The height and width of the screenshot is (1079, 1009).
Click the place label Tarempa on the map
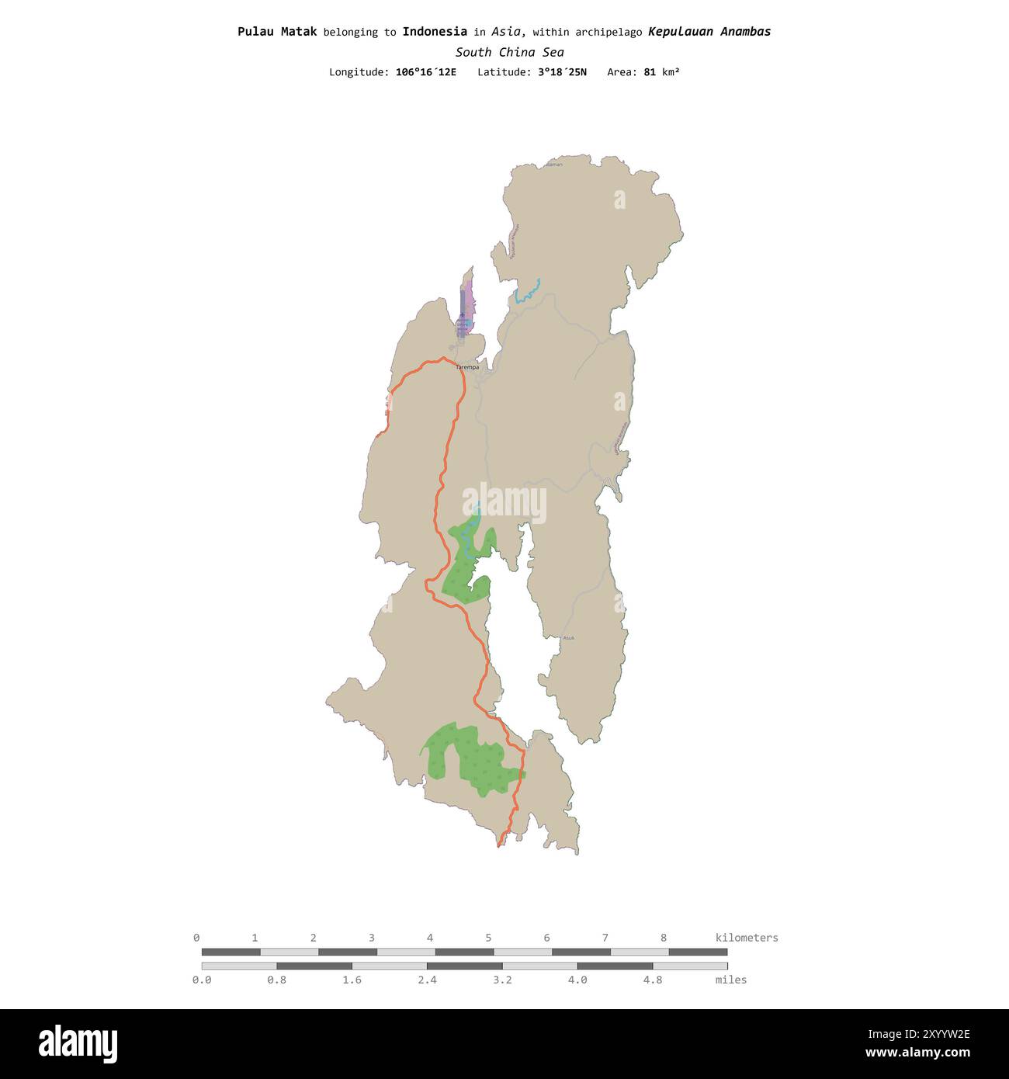tap(467, 367)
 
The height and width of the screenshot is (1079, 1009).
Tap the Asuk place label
tap(569, 638)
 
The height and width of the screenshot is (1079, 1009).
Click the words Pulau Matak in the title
tap(277, 32)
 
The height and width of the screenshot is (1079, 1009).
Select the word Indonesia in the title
tap(435, 32)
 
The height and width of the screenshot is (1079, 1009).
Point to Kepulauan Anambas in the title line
tap(709, 32)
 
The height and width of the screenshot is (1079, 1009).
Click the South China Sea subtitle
tap(509, 52)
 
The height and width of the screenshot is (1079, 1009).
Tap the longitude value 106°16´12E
tap(426, 72)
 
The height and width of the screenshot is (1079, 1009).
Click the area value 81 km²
tap(661, 72)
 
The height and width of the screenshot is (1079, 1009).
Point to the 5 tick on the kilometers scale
tap(488, 938)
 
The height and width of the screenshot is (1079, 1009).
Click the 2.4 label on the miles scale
tap(427, 980)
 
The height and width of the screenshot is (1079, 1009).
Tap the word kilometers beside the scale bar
tap(747, 938)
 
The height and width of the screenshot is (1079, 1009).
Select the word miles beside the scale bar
tap(731, 980)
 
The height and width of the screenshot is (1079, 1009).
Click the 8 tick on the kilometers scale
tap(664, 938)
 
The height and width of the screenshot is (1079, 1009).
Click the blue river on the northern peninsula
tap(526, 291)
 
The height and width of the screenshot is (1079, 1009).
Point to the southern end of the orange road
tap(498, 846)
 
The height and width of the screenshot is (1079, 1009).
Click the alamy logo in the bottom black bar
tap(78, 1044)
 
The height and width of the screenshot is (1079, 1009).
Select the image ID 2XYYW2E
tap(929, 1034)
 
